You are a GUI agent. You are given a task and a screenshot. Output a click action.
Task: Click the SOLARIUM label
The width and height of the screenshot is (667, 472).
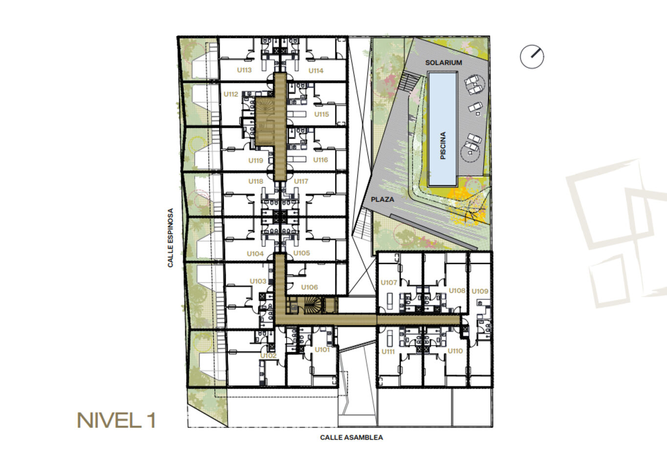pyautogui.click(x=443, y=63)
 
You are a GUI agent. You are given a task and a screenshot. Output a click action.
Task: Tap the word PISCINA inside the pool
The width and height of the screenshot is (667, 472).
pyautogui.click(x=443, y=146)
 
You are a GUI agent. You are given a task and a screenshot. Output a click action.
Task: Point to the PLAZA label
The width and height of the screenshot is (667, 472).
pyautogui.click(x=382, y=199)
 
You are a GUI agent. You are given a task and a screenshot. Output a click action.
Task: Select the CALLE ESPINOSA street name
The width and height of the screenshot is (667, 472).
pyautogui.click(x=171, y=237)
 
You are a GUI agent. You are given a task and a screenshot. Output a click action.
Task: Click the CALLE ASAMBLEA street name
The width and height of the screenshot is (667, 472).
pyautogui.click(x=351, y=437)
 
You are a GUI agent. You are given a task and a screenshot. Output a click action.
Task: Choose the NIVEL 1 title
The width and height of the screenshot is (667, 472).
pyautogui.click(x=116, y=421)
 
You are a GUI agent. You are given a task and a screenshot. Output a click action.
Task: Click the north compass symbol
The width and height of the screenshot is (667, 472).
pyautogui.click(x=532, y=57)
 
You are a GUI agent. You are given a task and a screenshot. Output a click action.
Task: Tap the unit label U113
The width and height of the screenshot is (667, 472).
pyautogui.click(x=244, y=70)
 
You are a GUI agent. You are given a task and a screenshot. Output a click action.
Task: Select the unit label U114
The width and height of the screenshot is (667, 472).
pyautogui.click(x=316, y=70)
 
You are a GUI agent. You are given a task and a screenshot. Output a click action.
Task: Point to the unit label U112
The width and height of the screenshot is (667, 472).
pyautogui.click(x=231, y=94)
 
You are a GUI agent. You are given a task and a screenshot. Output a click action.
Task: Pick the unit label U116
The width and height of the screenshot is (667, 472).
pyautogui.click(x=321, y=160)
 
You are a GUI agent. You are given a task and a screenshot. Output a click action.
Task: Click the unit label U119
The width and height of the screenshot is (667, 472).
pyautogui.click(x=256, y=161)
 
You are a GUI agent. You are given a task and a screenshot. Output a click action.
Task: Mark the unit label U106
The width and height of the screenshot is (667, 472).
pyautogui.click(x=309, y=287)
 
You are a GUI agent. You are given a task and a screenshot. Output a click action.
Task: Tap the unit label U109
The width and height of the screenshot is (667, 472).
pyautogui.click(x=480, y=291)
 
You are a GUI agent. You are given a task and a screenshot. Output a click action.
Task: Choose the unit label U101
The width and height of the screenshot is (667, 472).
pyautogui.click(x=322, y=350)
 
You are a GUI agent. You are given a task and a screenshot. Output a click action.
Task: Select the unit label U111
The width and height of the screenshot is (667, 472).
pyautogui.click(x=388, y=352)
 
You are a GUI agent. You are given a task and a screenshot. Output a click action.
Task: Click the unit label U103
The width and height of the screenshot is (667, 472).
pyautogui.click(x=258, y=281)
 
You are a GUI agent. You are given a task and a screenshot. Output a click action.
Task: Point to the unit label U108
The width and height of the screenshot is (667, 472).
pyautogui.click(x=457, y=290)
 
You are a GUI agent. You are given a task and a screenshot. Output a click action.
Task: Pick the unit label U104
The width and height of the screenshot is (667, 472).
pyautogui.click(x=255, y=254)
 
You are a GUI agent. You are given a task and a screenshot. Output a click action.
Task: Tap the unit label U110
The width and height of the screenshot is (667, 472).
pyautogui.click(x=455, y=351)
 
